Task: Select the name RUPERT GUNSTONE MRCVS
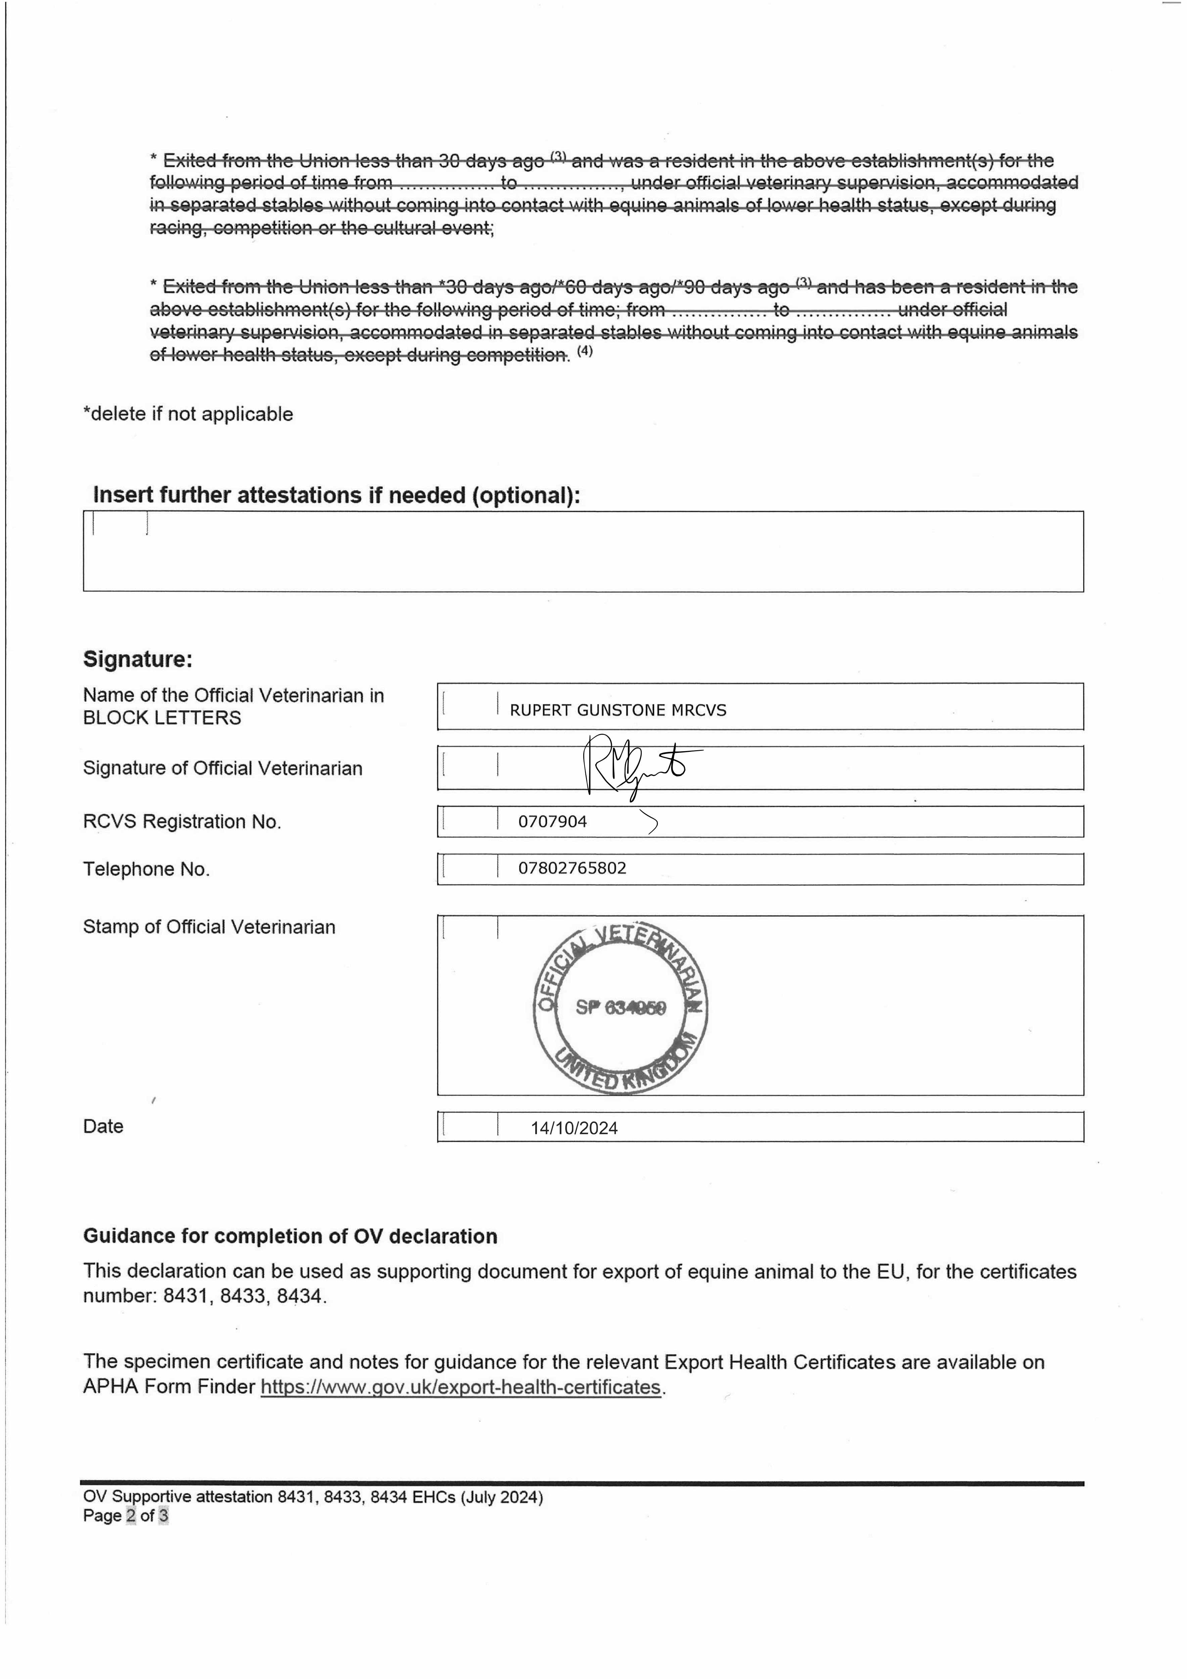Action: click(x=618, y=710)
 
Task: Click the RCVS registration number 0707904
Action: click(x=552, y=822)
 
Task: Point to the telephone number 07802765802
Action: click(x=572, y=869)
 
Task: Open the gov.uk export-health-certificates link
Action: click(x=461, y=1387)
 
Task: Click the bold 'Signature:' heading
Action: click(x=137, y=660)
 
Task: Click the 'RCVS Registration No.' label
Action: click(x=182, y=822)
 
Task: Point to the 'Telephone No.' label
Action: click(x=146, y=869)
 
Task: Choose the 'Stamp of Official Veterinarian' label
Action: click(x=209, y=927)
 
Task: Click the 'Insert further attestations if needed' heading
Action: click(x=336, y=496)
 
